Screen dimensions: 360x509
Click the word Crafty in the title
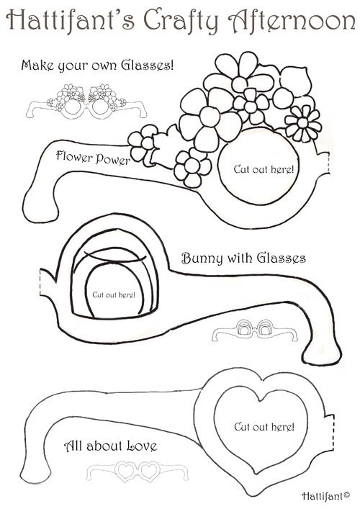pos(181,20)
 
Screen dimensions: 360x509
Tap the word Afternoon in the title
pos(292,19)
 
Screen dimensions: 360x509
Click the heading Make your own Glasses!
pos(97,66)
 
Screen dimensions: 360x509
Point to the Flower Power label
pos(93,158)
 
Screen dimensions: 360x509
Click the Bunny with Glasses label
pos(243,258)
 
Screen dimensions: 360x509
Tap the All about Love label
pos(110,446)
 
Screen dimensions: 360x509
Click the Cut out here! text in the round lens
pos(264,169)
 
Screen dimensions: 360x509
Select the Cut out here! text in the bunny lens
pos(114,294)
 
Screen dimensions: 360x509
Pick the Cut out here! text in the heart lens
pos(264,426)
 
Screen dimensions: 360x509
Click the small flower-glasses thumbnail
pos(86,102)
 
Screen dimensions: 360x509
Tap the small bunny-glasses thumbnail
pos(254,330)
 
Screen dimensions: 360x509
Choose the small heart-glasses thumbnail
pos(137,471)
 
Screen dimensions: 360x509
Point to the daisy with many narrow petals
pos(303,123)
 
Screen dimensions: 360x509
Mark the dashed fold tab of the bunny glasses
pos(43,282)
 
